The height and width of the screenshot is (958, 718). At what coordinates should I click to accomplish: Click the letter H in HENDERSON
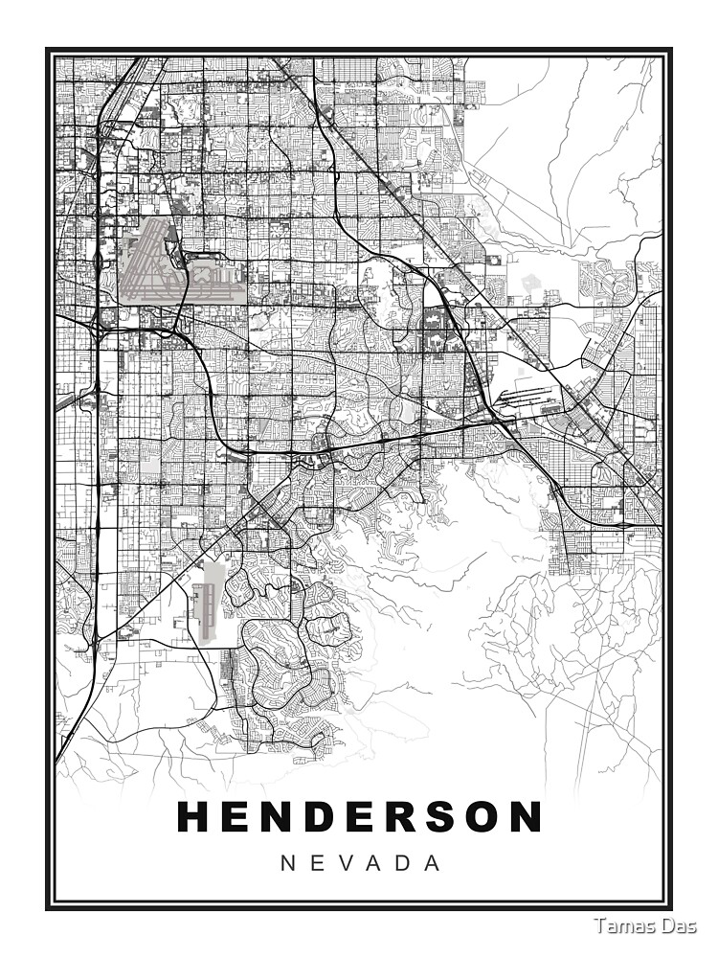tap(195, 817)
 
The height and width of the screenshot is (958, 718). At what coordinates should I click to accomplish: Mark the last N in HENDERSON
tap(524, 817)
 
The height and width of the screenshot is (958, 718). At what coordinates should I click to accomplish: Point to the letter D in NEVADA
tap(404, 863)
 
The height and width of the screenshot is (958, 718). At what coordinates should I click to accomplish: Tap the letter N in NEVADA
tap(287, 863)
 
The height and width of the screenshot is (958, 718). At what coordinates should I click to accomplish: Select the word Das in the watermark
tap(680, 925)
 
